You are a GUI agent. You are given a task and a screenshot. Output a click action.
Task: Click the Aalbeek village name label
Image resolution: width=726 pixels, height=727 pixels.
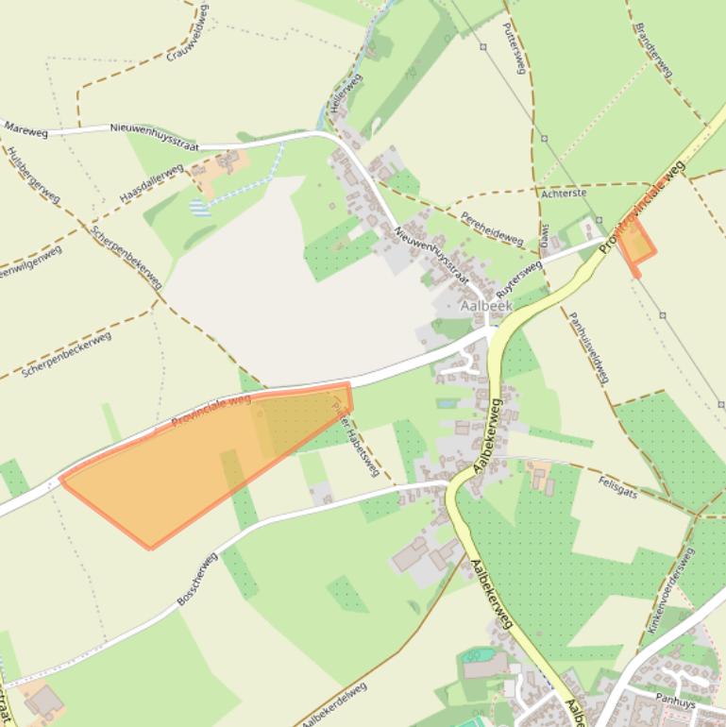(486, 307)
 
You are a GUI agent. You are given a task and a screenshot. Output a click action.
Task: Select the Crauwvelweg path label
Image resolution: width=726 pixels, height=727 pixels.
(189, 33)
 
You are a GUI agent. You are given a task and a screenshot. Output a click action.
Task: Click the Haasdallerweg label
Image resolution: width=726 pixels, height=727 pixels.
(151, 183)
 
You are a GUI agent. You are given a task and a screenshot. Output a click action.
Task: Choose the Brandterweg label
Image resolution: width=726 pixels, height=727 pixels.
(653, 49)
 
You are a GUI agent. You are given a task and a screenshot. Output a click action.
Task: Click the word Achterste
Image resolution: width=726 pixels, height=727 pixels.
(564, 194)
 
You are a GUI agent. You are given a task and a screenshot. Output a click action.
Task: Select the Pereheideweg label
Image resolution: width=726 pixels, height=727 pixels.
(492, 228)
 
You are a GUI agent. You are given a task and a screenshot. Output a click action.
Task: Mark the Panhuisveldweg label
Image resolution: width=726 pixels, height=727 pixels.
(587, 347)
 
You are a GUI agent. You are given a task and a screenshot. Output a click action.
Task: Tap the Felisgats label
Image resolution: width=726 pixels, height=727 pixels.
(617, 487)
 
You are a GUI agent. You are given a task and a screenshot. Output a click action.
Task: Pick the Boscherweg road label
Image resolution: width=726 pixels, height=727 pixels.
(197, 579)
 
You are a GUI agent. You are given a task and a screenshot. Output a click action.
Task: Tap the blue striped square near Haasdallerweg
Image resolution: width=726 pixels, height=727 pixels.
(196, 207)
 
